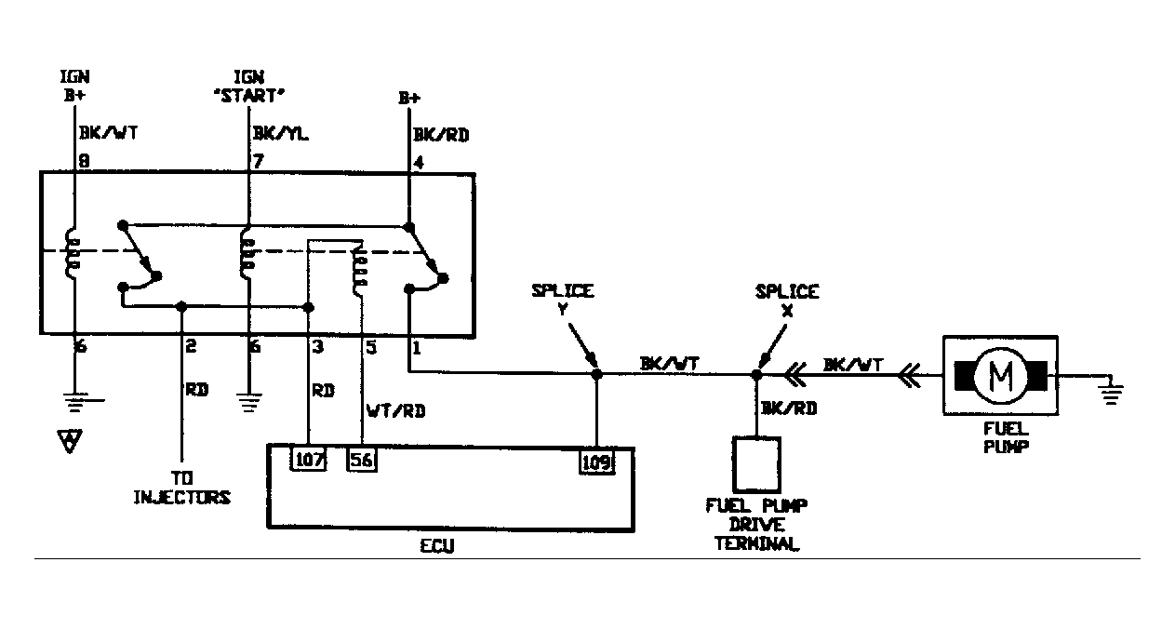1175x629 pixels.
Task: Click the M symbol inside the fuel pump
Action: tap(1002, 375)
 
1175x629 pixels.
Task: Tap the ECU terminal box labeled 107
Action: tap(310, 460)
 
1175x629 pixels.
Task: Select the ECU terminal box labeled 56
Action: tap(363, 460)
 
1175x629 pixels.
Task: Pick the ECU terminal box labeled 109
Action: tap(596, 461)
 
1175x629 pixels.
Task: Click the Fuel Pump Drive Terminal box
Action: tap(757, 462)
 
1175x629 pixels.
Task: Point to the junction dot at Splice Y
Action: tap(596, 375)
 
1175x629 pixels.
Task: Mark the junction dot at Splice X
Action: tap(756, 375)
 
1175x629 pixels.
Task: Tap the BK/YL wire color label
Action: tap(280, 135)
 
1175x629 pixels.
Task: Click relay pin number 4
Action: tap(418, 162)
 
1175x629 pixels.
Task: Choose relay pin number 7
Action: tap(258, 162)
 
